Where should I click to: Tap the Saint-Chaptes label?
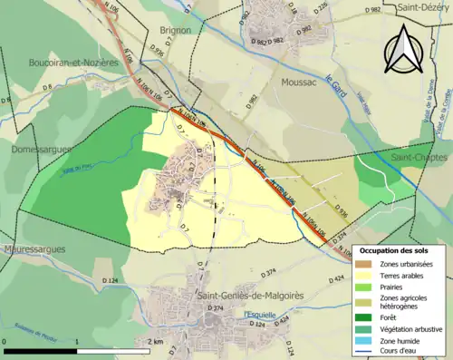coord(413,156)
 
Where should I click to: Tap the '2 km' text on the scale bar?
coord(158,342)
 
